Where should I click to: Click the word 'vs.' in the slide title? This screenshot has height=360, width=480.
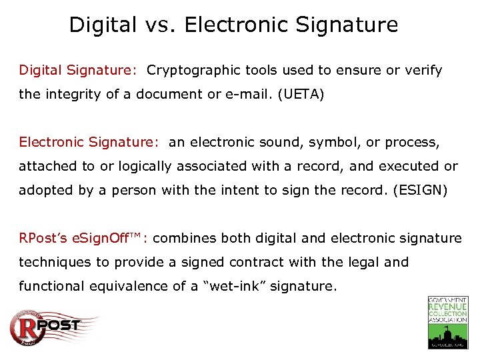coord(155,25)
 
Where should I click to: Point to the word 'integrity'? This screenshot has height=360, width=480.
coord(69,94)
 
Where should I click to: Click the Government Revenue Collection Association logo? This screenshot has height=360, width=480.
coord(447,323)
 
